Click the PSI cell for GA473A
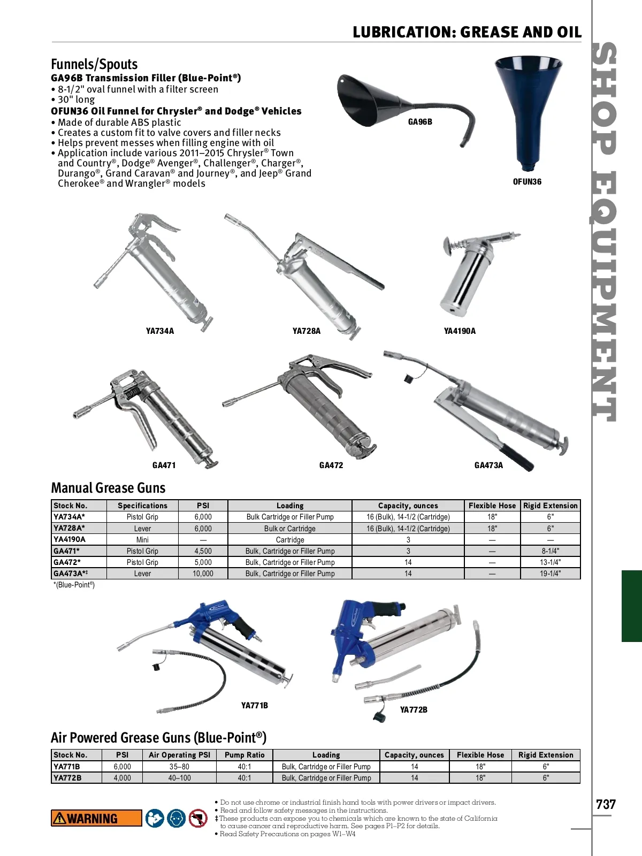[203, 574]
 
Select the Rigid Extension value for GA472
[550, 562]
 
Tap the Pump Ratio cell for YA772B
[244, 777]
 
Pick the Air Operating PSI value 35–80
[179, 766]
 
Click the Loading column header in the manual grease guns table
[290, 506]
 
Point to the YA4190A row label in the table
[70, 539]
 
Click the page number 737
[606, 804]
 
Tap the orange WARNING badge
[96, 818]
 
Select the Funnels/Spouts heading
[94, 64]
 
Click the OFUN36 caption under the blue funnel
[527, 182]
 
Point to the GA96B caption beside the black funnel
[420, 122]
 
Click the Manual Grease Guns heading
[109, 488]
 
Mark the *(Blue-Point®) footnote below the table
[74, 585]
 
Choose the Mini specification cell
[142, 539]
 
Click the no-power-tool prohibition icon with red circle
[198, 818]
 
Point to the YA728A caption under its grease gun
[307, 331]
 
